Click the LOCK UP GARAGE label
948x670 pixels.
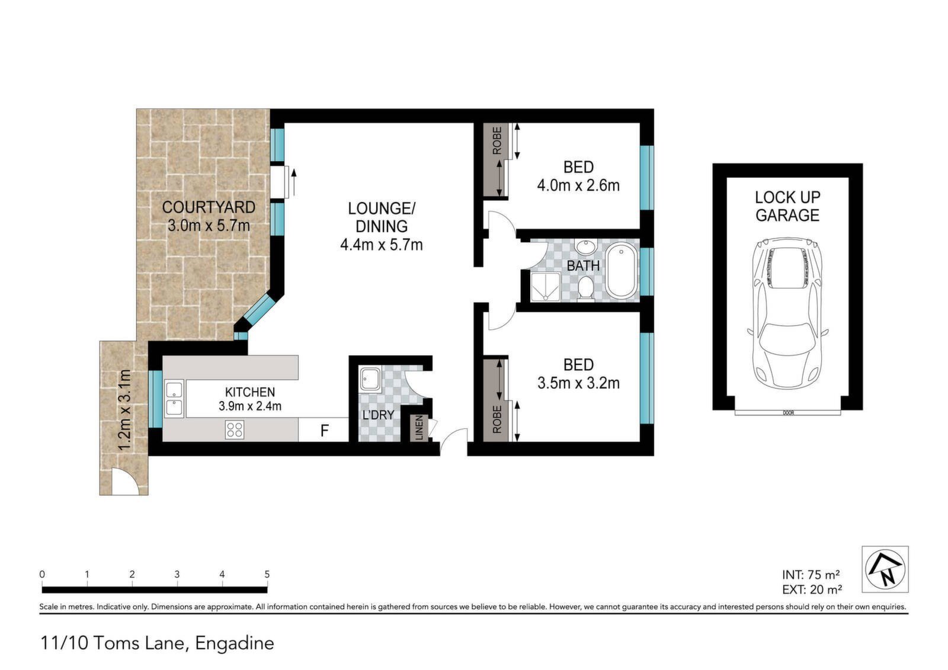787,206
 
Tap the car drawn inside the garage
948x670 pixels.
787,313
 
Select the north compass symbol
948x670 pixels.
885,569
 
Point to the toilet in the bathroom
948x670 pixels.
586,288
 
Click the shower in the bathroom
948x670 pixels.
545,287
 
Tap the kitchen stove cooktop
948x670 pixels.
235,429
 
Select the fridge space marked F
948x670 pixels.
324,430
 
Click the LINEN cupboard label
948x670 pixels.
419,428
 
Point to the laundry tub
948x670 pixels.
370,379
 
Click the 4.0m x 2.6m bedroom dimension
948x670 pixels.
578,185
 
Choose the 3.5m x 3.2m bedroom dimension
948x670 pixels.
578,383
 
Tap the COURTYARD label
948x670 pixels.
209,207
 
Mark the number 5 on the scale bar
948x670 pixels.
267,575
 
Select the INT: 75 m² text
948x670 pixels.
811,575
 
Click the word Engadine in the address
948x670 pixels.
235,643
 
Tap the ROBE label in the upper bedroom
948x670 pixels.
497,140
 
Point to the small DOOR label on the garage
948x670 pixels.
788,413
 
